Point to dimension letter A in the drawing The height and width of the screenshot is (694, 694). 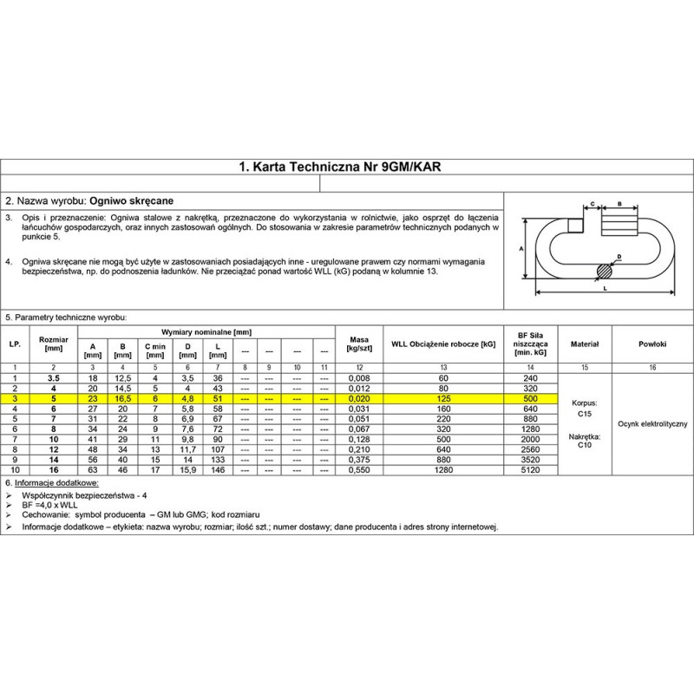pyautogui.click(x=521, y=248)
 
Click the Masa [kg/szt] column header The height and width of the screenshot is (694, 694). pyautogui.click(x=358, y=344)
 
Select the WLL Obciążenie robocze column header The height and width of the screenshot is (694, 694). pyautogui.click(x=443, y=344)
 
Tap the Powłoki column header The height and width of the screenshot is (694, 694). pyautogui.click(x=651, y=344)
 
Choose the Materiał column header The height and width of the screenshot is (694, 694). pyautogui.click(x=585, y=344)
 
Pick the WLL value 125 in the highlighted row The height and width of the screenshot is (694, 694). pyautogui.click(x=443, y=398)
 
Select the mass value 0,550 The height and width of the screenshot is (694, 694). pyautogui.click(x=358, y=469)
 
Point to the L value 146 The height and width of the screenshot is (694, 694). pyautogui.click(x=218, y=469)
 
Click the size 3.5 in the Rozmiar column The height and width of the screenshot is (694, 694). pyautogui.click(x=54, y=378)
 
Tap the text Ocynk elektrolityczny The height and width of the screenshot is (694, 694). pyautogui.click(x=652, y=423)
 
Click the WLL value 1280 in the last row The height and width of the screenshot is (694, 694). pyautogui.click(x=443, y=469)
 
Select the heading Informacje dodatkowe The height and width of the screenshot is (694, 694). pyautogui.click(x=57, y=481)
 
